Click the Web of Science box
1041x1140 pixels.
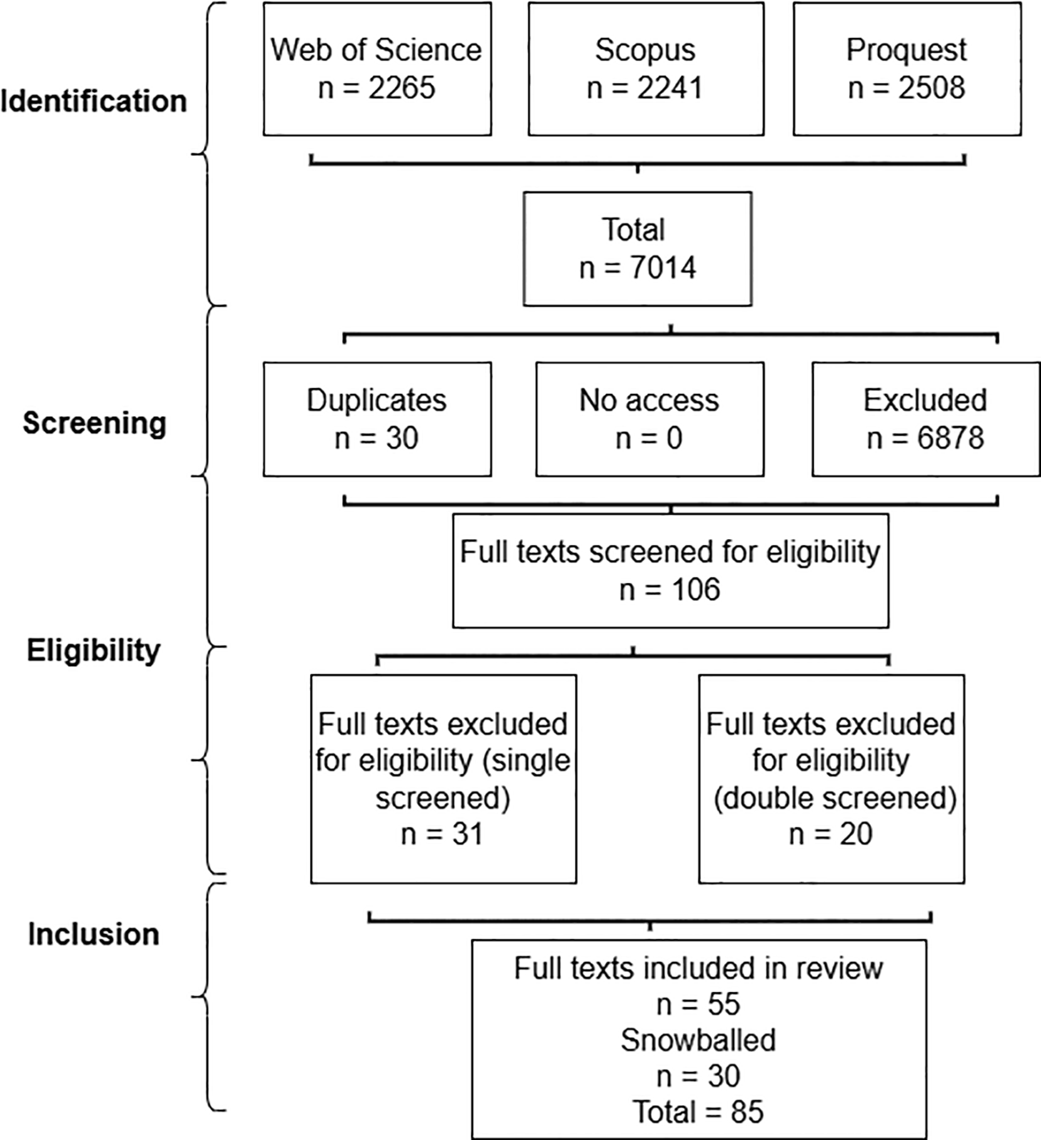(377, 69)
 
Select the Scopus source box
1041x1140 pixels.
(646, 69)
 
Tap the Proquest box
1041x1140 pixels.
(907, 69)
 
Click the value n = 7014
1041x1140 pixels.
(638, 268)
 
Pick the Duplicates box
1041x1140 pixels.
(377, 419)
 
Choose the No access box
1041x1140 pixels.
(650, 419)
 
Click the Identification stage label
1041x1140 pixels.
(94, 101)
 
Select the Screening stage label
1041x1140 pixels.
(94, 424)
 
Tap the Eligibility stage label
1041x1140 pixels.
(94, 651)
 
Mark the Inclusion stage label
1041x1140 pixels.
(94, 934)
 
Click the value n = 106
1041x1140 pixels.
(670, 590)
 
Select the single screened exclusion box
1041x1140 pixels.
(443, 779)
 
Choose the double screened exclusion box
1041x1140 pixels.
(832, 779)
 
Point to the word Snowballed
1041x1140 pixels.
(698, 1041)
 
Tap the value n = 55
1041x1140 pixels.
(698, 1005)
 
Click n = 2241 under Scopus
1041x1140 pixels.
(645, 88)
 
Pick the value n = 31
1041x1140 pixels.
(442, 834)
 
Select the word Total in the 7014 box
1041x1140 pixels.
(633, 230)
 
